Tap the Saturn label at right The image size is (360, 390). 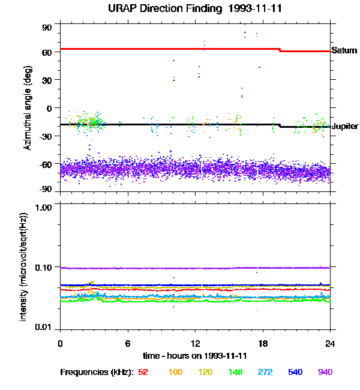coord(344,51)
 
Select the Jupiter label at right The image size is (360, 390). coord(345,126)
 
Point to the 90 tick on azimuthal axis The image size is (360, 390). coord(47,28)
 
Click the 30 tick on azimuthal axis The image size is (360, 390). coord(47,80)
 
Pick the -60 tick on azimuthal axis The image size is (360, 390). coord(46,163)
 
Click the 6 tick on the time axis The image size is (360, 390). coord(127,343)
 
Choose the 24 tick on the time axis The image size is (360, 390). coord(329,343)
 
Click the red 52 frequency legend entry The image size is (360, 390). coord(143,372)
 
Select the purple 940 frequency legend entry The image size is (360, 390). coord(325,372)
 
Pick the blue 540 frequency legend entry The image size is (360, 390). coord(295,372)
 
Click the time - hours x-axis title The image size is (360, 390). coord(195,356)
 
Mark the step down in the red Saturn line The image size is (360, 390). coord(280,50)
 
